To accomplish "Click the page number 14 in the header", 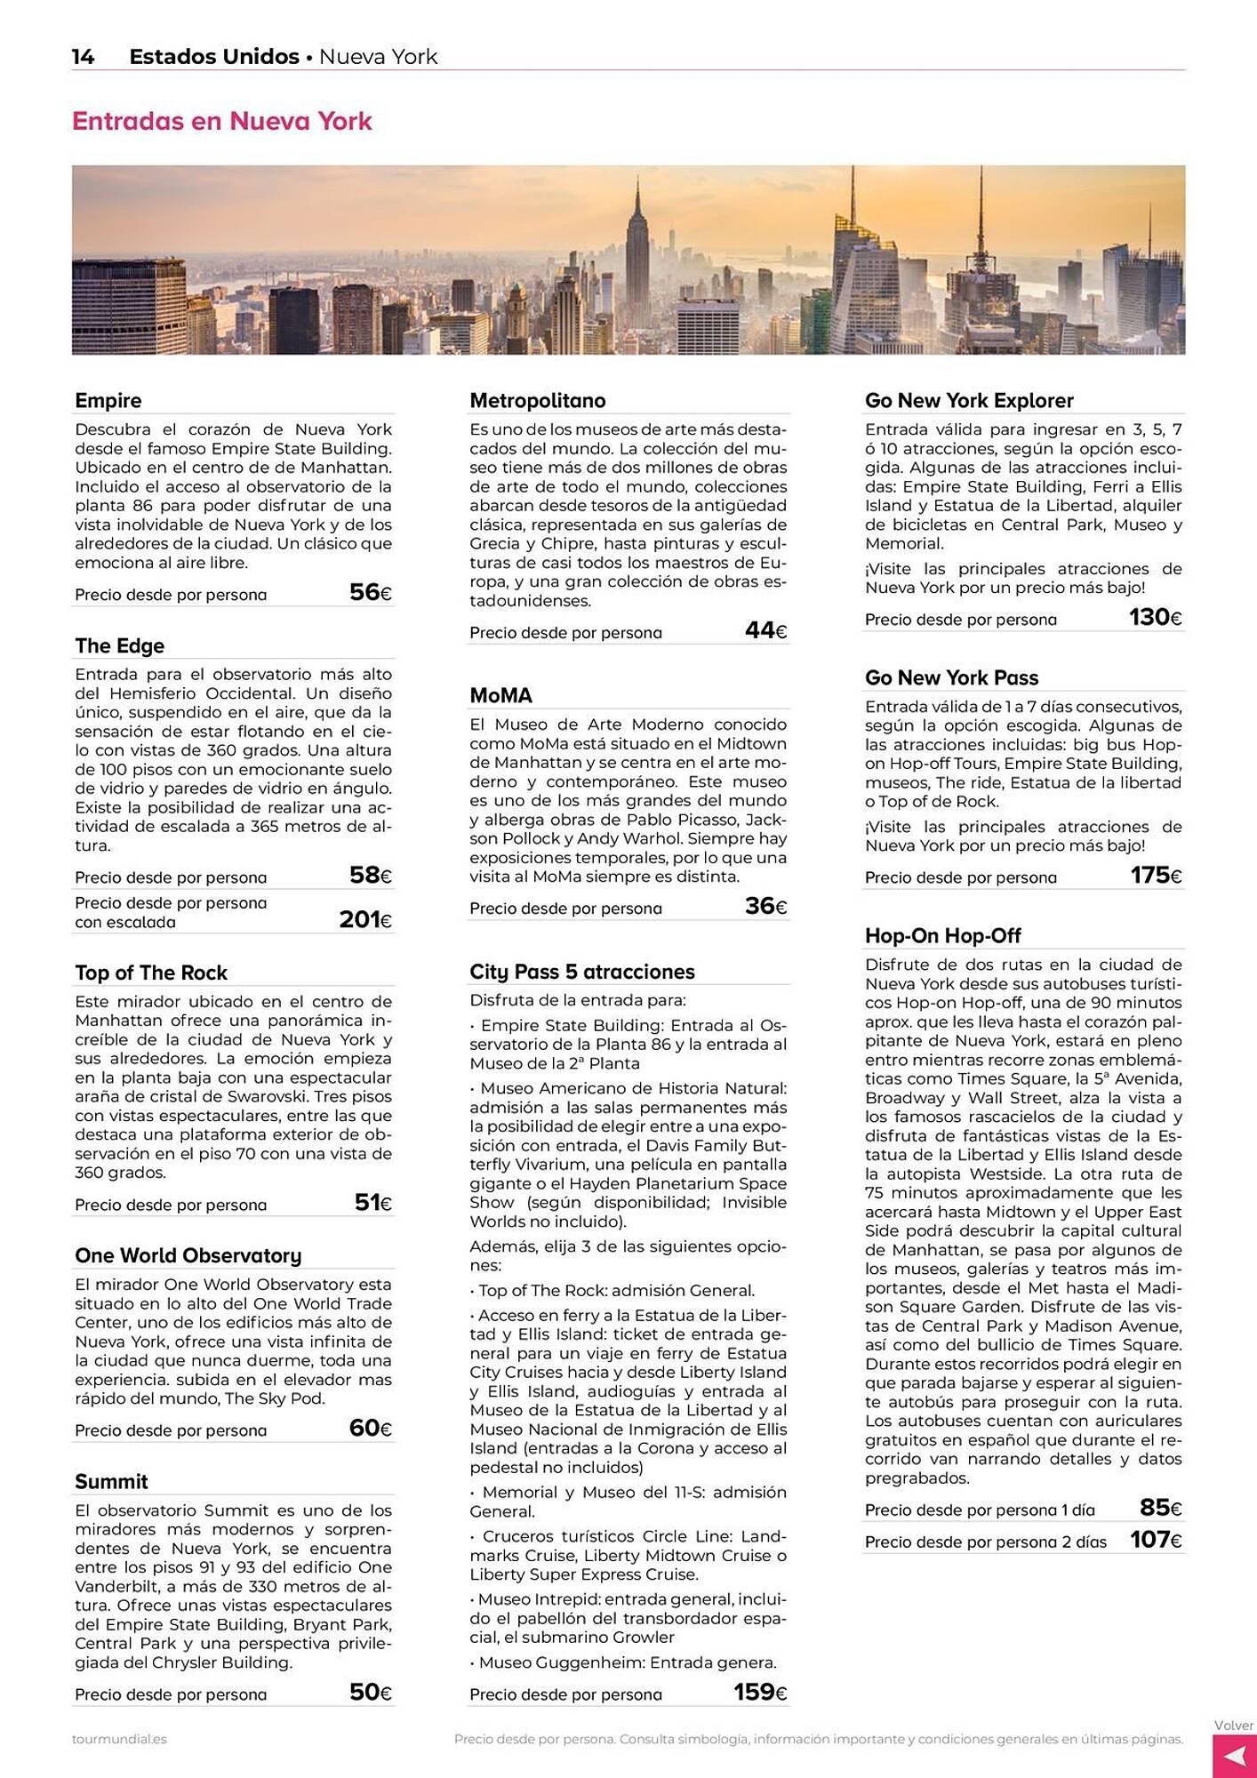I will [x=83, y=57].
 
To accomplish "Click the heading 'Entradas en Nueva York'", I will [x=221, y=121].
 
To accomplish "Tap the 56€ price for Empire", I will [x=370, y=593].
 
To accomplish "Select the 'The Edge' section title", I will [x=119, y=645].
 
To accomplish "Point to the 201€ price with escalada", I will [x=364, y=919].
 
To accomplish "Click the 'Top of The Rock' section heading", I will [x=151, y=973].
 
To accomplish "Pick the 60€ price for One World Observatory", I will [x=370, y=1429].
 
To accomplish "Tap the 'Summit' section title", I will [x=111, y=1481].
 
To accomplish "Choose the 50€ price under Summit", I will [x=370, y=1693].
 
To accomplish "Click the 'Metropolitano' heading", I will [x=537, y=401].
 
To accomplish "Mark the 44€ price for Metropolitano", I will [x=765, y=631].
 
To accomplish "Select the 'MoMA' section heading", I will [x=500, y=695].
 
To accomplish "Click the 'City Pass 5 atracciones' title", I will [x=581, y=972].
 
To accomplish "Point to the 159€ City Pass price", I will [x=760, y=1693].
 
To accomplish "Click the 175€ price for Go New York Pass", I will [x=1156, y=876].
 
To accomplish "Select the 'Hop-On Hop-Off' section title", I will [x=942, y=935].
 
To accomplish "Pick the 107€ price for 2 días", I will [x=1156, y=1540].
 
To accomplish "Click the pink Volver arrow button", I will [x=1234, y=1756].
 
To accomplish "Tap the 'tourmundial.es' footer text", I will [x=119, y=1739].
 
